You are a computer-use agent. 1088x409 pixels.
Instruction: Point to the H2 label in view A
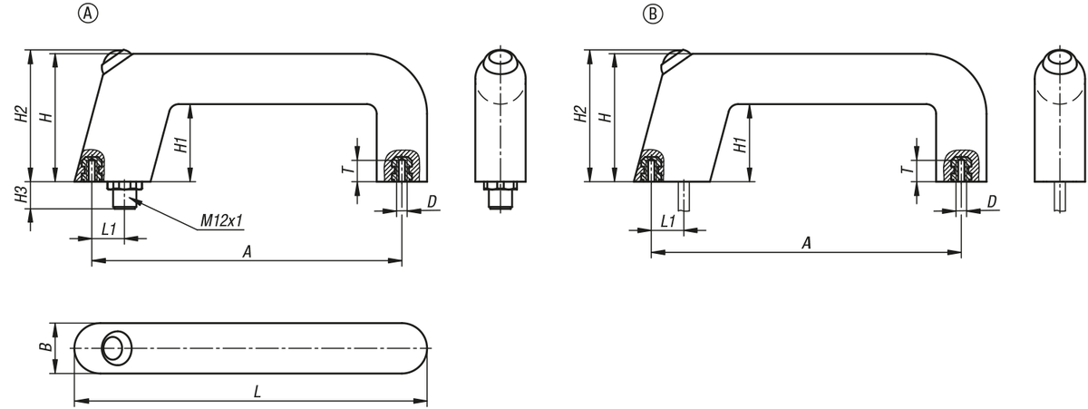(x=19, y=115)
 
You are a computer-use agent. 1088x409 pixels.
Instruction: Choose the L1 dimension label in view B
(x=668, y=221)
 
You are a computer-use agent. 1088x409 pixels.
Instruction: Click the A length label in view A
(x=246, y=251)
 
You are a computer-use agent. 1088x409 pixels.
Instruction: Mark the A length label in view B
(x=806, y=244)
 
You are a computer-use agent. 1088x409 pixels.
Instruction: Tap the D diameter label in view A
(x=432, y=200)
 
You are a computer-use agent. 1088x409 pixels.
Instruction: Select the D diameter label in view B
(x=992, y=200)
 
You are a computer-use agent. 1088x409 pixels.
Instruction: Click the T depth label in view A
(x=345, y=170)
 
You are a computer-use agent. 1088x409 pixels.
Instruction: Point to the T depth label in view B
(x=905, y=170)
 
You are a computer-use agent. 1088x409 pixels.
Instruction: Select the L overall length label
(x=257, y=392)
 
